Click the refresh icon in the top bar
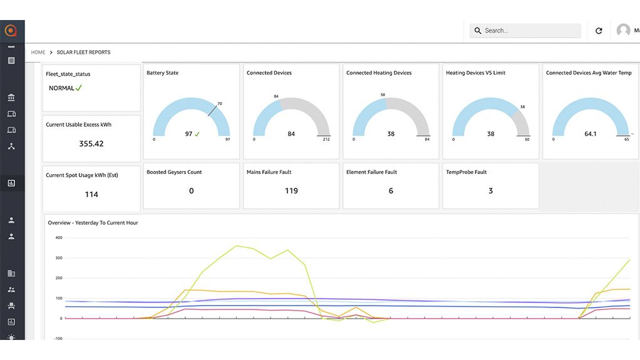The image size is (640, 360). (599, 31)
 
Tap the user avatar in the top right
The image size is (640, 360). (623, 30)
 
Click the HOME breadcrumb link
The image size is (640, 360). (38, 53)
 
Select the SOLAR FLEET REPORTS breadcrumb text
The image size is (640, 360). (83, 53)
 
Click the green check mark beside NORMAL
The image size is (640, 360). (79, 88)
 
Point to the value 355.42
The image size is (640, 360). (91, 144)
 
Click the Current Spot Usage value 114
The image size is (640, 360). (91, 195)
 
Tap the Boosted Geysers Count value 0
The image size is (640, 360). (191, 191)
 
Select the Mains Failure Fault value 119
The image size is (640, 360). (291, 191)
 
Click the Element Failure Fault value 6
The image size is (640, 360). (391, 191)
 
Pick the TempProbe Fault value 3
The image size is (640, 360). (490, 191)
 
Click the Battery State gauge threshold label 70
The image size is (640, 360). (220, 104)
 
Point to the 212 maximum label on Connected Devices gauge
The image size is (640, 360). (326, 140)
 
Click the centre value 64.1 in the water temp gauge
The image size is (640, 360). (590, 134)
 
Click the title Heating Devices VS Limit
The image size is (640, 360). (475, 73)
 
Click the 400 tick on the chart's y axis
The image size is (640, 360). (59, 238)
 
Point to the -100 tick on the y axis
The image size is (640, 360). (59, 339)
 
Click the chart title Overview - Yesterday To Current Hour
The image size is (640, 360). (93, 223)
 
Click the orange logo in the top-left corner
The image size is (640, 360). (11, 30)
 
